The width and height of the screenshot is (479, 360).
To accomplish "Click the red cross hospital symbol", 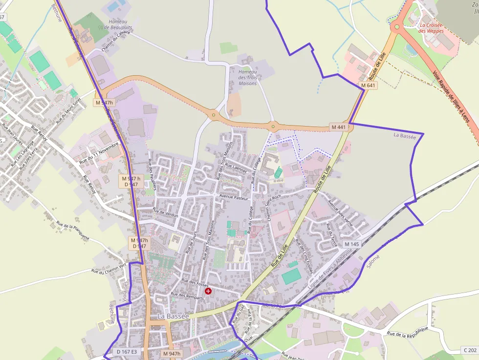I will coord(208,291).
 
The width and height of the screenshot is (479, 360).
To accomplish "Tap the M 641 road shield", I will coord(369,85).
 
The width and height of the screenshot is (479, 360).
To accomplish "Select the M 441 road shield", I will coord(338,127).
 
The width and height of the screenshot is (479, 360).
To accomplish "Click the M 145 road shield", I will coord(351,244).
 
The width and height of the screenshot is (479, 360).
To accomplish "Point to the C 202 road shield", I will coord(469,350).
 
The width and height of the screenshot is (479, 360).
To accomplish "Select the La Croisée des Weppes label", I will coord(432,27).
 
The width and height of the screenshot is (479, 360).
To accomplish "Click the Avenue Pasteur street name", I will coord(234,198).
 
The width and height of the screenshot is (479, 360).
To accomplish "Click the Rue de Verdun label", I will coord(165,213).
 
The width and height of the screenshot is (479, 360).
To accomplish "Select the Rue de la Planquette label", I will coord(73,231).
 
